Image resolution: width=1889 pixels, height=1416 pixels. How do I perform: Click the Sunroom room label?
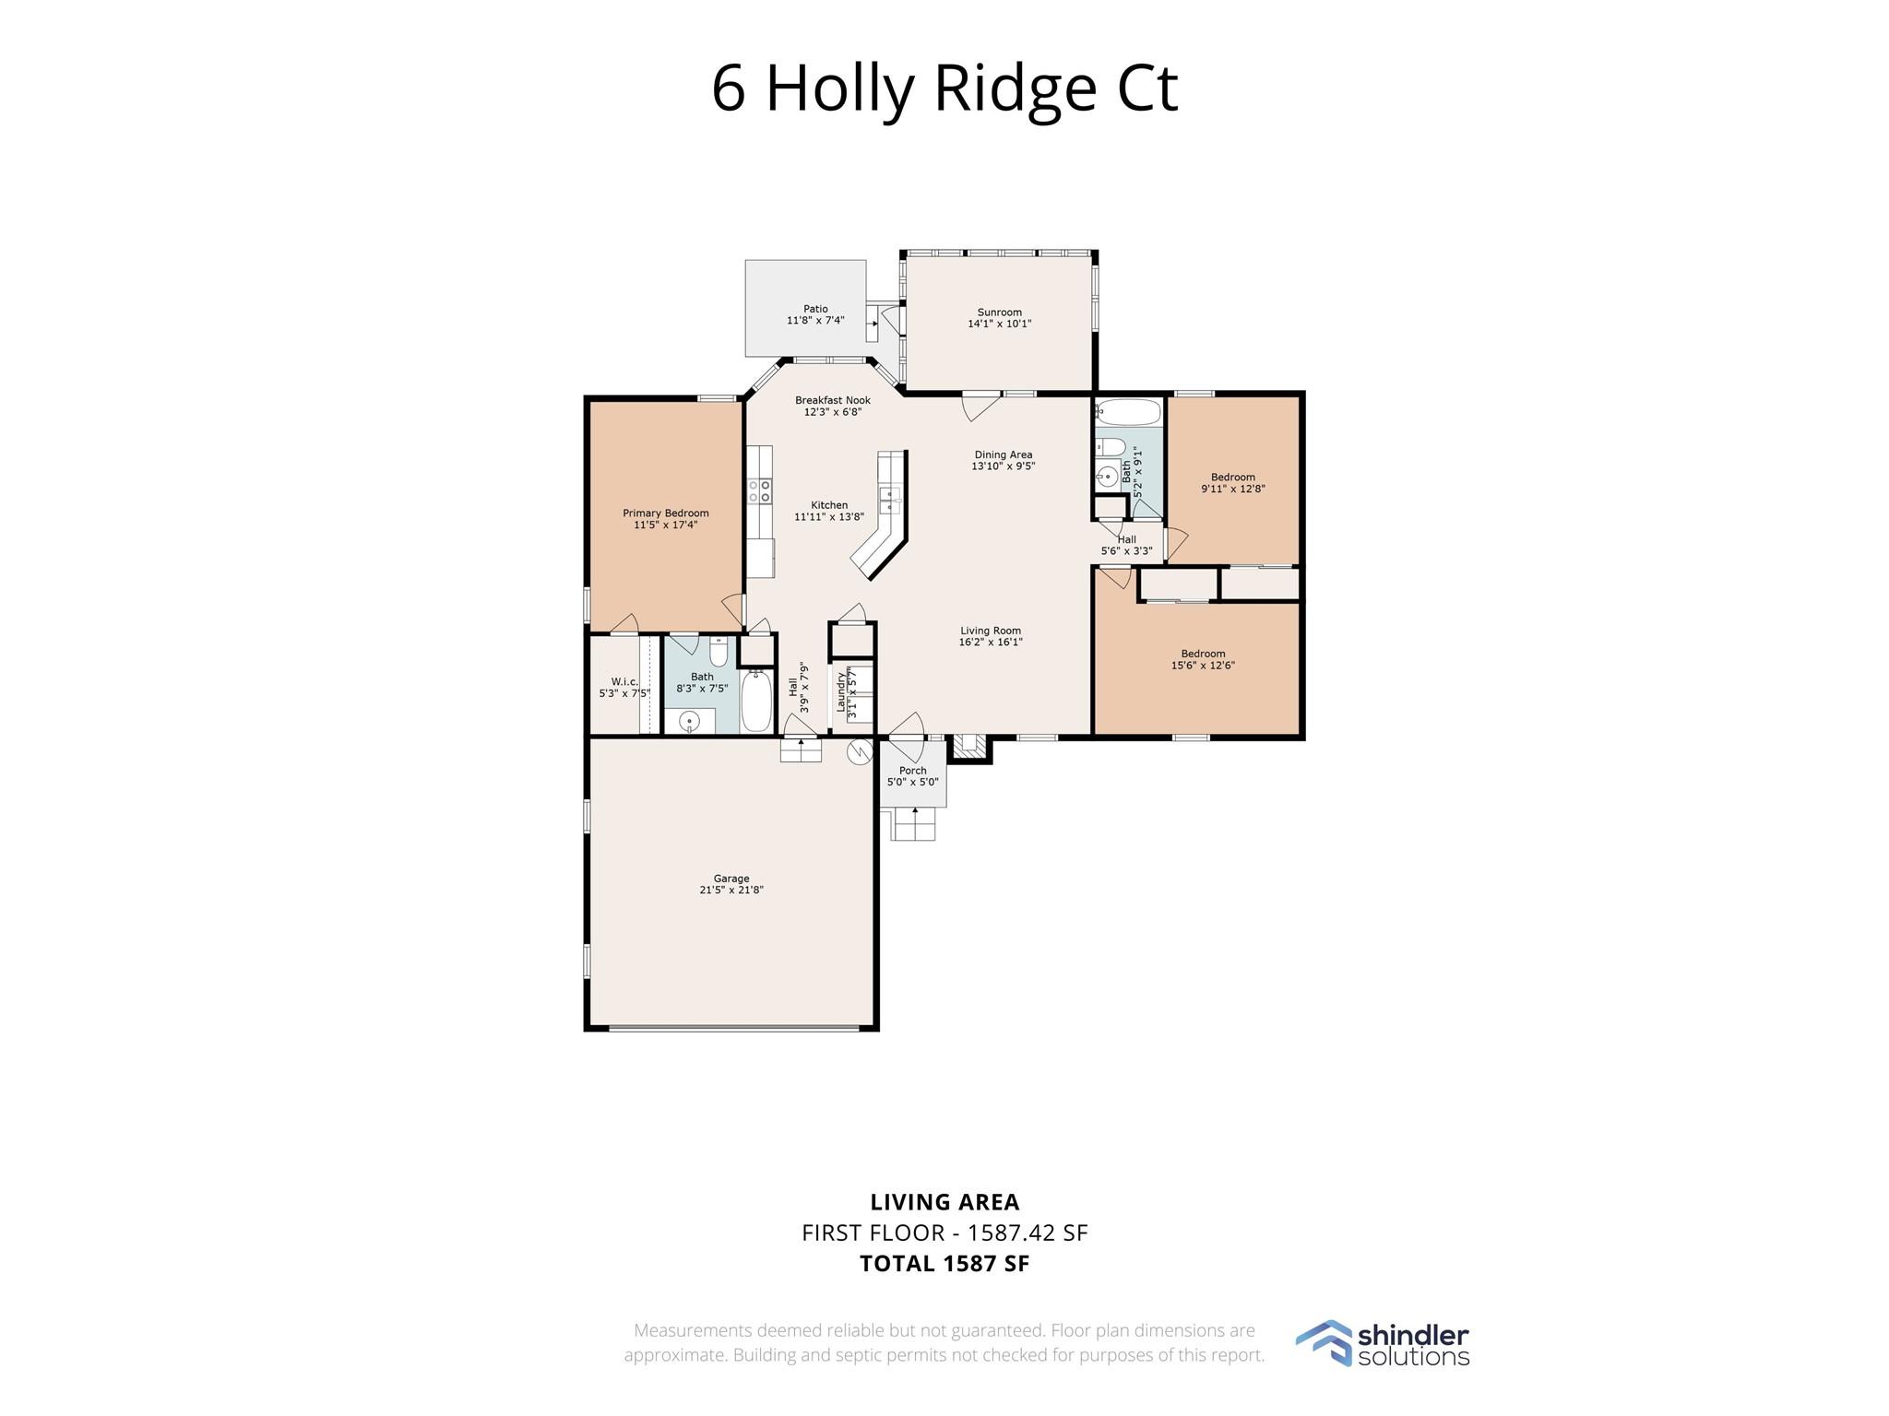(999, 313)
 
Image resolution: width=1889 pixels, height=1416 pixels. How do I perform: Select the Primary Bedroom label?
(665, 513)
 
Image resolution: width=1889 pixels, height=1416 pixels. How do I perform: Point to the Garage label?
(731, 879)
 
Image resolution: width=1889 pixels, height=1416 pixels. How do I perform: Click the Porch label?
(912, 771)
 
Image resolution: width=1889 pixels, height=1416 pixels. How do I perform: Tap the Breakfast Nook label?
(832, 400)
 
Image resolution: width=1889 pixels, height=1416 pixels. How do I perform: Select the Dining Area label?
(1003, 454)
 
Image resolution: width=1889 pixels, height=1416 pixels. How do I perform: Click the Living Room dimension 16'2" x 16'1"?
(991, 643)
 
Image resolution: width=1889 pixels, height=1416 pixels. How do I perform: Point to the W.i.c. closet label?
(624, 682)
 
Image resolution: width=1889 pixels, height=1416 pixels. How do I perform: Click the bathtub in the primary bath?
(757, 702)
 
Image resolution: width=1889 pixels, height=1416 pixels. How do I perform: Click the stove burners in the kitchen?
(759, 490)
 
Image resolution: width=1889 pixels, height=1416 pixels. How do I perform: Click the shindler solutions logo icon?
(1323, 1343)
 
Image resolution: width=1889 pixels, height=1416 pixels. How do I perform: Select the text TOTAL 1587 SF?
(944, 1264)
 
